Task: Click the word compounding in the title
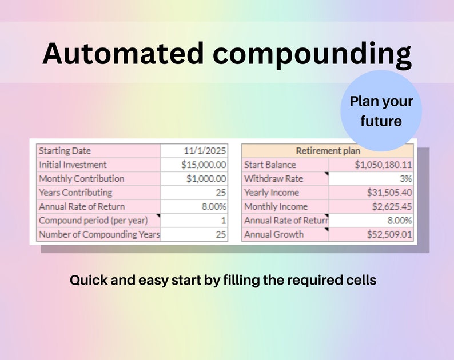click(x=312, y=54)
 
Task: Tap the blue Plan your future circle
click(x=381, y=111)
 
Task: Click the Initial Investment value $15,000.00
click(x=204, y=165)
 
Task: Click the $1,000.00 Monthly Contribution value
click(x=206, y=178)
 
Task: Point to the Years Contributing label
click(x=75, y=193)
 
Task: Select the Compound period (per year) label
click(x=93, y=220)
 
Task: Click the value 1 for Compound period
click(x=223, y=220)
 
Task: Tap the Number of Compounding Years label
click(x=99, y=234)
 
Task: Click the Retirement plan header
click(x=328, y=151)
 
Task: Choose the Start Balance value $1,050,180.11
click(x=383, y=165)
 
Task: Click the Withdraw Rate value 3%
click(x=406, y=178)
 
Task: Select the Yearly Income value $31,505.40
click(x=389, y=193)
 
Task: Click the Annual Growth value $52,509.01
click(x=389, y=234)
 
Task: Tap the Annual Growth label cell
click(x=274, y=234)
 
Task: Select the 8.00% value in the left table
click(x=214, y=206)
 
